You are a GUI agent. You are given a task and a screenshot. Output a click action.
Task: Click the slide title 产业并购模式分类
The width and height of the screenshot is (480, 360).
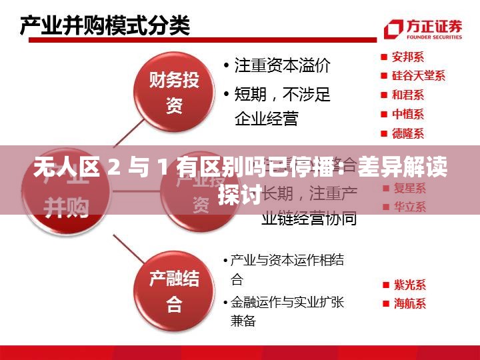(105, 27)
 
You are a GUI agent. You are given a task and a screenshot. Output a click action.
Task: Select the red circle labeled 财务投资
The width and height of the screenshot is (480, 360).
(174, 93)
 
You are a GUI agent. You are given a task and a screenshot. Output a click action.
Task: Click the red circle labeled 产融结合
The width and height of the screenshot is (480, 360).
(174, 291)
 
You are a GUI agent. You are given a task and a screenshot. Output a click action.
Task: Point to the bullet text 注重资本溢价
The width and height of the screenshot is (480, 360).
(281, 66)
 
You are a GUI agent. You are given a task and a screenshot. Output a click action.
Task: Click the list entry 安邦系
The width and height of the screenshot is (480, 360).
(407, 57)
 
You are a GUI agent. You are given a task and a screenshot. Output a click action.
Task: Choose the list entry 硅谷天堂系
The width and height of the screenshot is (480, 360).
(417, 76)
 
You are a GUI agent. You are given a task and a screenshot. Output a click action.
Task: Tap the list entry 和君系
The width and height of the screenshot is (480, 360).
(407, 95)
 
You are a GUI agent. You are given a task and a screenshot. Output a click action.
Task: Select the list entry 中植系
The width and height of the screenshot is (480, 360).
(407, 115)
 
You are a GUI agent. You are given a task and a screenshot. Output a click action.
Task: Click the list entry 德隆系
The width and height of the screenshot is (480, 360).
(407, 133)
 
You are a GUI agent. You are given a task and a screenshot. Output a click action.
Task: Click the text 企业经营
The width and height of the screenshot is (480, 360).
(266, 119)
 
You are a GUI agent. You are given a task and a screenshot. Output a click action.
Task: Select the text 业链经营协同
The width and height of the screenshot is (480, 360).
(309, 217)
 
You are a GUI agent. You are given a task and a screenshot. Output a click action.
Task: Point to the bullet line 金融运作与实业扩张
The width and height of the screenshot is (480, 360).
(287, 302)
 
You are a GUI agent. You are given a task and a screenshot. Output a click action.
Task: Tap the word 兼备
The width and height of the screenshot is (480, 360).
(243, 321)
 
